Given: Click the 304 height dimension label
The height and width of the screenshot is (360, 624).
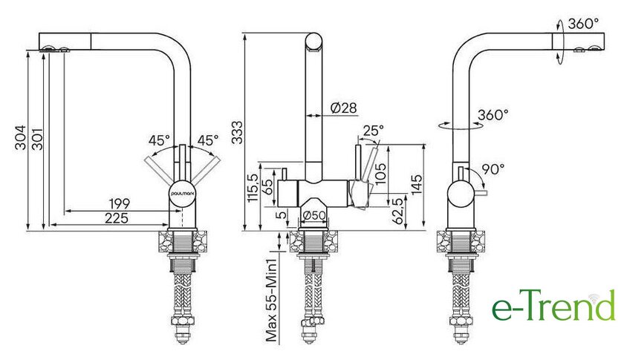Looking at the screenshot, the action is coord(20,137).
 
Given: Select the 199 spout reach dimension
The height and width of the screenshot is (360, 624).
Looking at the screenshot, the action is coord(120,203).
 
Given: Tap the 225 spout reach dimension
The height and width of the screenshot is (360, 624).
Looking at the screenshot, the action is coord(117,218).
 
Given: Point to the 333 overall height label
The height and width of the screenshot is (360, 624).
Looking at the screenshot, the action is coord(237,132).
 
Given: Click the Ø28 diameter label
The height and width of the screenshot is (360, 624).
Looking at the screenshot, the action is coord(343,108).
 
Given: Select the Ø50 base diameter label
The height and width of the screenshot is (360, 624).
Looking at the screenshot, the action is coord(314,215).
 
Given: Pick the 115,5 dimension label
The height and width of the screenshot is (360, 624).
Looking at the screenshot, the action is coord(253,188).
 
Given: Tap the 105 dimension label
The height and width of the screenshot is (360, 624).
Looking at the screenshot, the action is coord(380,174).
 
